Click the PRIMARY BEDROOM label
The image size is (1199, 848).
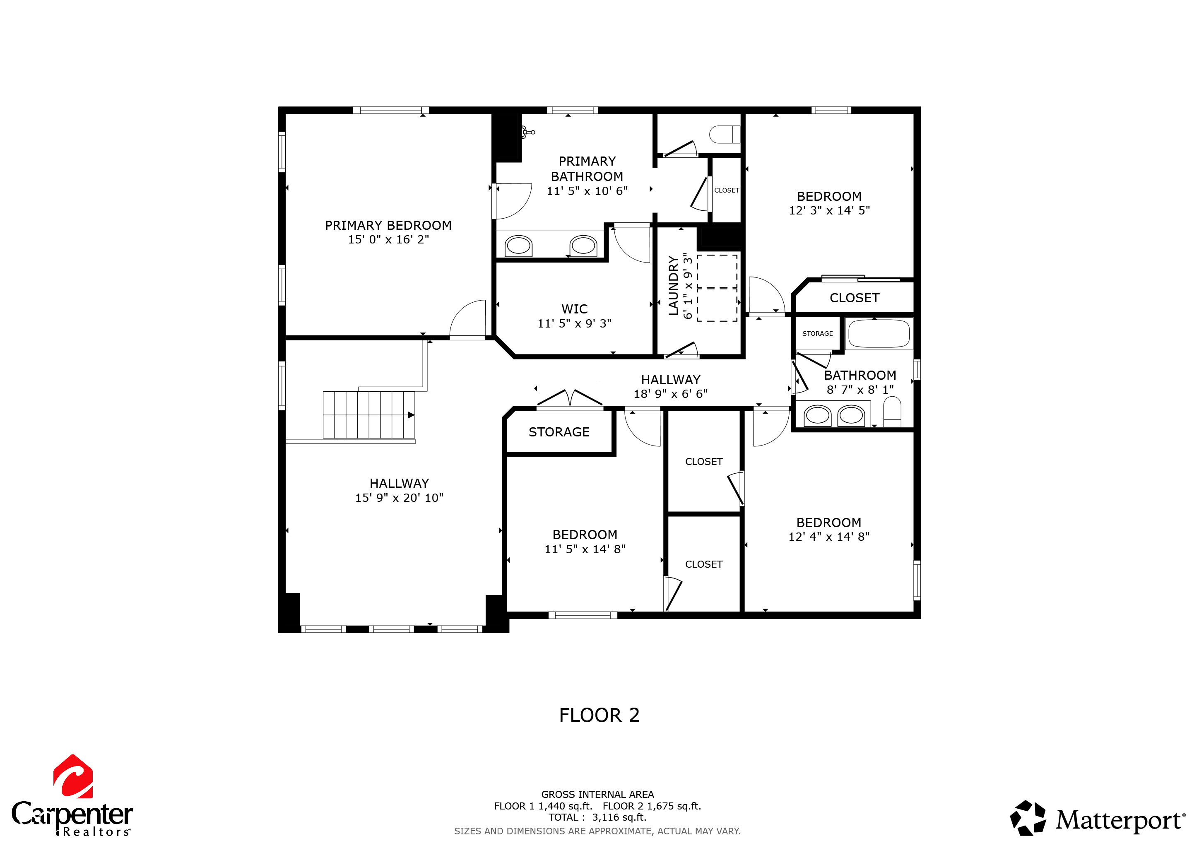click(x=388, y=225)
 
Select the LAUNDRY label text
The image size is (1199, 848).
click(x=674, y=285)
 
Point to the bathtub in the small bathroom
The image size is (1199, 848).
click(x=879, y=334)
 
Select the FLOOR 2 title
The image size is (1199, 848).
click(x=599, y=715)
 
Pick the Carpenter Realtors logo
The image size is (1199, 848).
click(x=72, y=796)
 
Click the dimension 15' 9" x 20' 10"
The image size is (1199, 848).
click(x=399, y=498)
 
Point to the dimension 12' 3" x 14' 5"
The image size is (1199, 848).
click(x=829, y=210)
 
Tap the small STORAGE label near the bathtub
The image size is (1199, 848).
click(x=817, y=334)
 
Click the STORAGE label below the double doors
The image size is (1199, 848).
click(x=559, y=432)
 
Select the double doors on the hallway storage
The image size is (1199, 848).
click(x=570, y=398)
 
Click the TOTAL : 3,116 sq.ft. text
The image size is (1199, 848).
click(x=597, y=817)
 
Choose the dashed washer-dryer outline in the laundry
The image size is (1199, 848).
click(x=717, y=288)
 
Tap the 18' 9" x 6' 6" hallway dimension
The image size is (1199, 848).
click(x=671, y=394)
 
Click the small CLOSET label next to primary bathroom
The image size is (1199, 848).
click(x=727, y=190)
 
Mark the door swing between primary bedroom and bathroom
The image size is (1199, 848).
click(x=513, y=202)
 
